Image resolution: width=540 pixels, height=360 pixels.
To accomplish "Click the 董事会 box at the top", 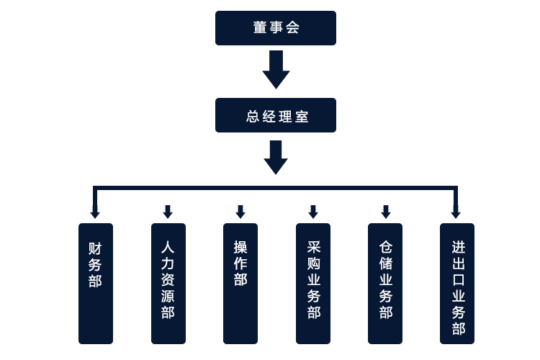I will point(276,29).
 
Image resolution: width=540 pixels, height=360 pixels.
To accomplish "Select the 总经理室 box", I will point(276,116).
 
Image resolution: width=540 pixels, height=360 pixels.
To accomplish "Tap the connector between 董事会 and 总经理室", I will point(276,70).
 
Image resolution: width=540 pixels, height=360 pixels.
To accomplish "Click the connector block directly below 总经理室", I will point(276,158).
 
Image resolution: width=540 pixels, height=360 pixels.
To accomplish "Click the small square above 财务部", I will point(95,212).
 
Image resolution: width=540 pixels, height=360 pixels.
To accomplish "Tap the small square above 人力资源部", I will point(168,212).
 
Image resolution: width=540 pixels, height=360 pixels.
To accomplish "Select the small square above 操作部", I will point(240,212).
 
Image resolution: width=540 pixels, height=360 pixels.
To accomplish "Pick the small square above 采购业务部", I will point(313,212).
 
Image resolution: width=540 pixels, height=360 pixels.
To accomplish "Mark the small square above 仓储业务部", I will point(386,212).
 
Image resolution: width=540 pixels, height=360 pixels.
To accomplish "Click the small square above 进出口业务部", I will point(456,212).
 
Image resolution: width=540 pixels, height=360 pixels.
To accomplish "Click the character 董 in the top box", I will point(260,28).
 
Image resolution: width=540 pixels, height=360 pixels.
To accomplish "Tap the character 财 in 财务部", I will point(95,248).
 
